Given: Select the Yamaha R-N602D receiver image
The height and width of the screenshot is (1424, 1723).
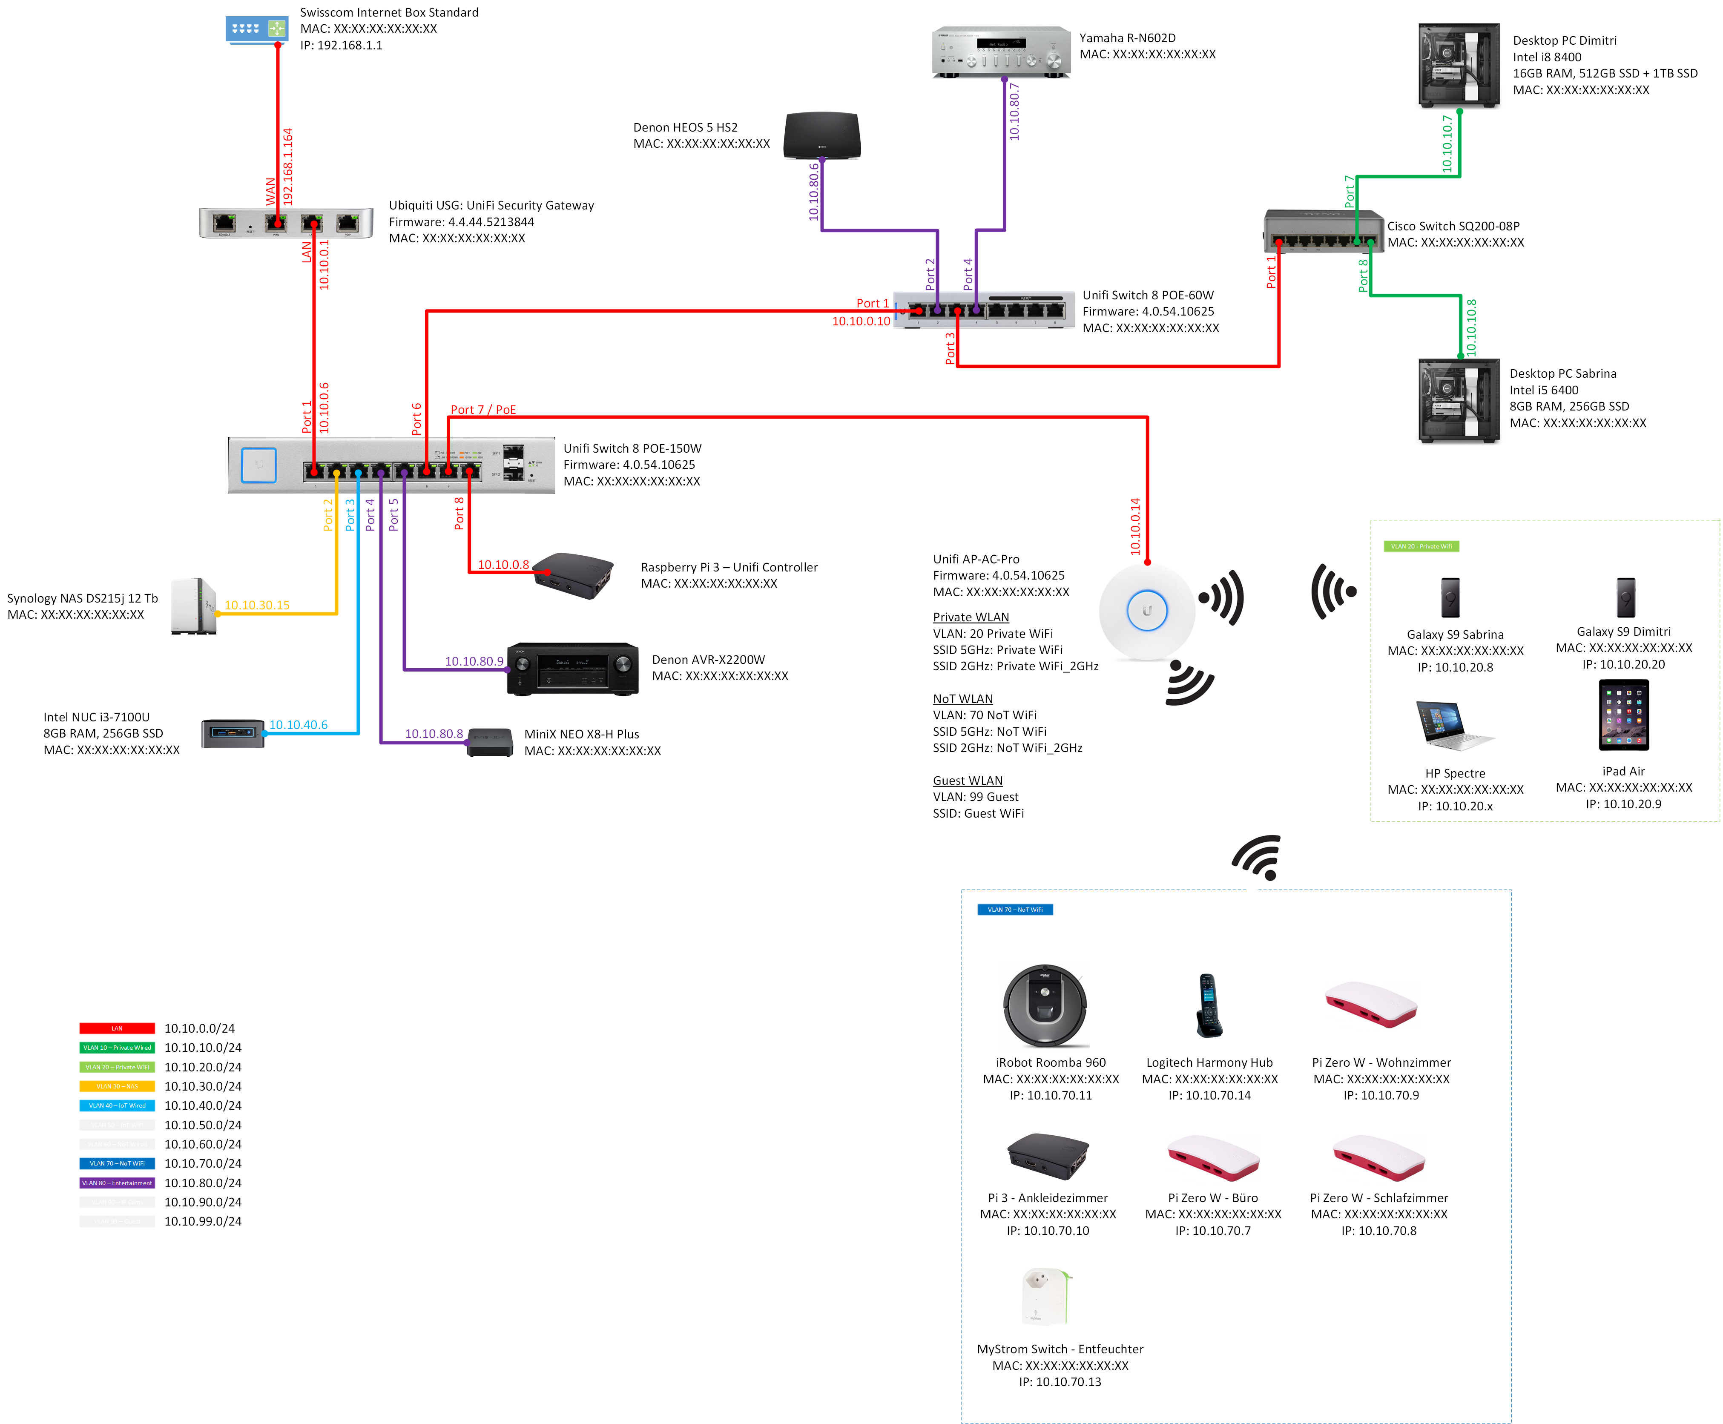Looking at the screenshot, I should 1000,52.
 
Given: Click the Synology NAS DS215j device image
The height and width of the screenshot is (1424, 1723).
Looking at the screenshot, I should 193,606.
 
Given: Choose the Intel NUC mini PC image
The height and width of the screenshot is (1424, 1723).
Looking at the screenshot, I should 233,732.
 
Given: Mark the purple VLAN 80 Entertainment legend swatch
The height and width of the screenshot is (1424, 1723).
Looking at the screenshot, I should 117,1183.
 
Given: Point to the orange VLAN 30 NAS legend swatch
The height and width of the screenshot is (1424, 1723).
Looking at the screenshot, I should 117,1086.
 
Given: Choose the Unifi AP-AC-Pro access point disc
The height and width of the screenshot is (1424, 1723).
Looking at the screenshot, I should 1146,611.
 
